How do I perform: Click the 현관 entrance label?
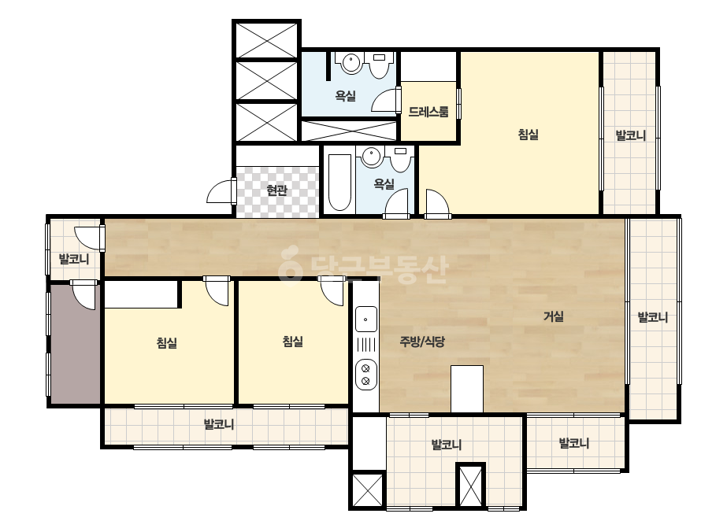pyautogui.click(x=276, y=190)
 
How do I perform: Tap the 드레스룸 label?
pyautogui.click(x=428, y=112)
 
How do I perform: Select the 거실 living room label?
pyautogui.click(x=554, y=316)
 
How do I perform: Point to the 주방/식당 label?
pyautogui.click(x=422, y=342)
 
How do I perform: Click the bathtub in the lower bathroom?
pyautogui.click(x=339, y=182)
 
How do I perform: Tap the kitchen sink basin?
pyautogui.click(x=365, y=319)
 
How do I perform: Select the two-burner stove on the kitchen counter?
pyautogui.click(x=365, y=375)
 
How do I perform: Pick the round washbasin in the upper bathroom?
pyautogui.click(x=351, y=64)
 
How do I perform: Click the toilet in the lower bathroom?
pyautogui.click(x=401, y=160)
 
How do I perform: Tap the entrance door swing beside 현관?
pyautogui.click(x=219, y=191)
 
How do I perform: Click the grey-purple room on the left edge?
pyautogui.click(x=76, y=343)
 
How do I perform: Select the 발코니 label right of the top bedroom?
pyautogui.click(x=631, y=136)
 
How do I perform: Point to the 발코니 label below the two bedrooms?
pyautogui.click(x=219, y=424)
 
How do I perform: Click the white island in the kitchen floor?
pyautogui.click(x=467, y=389)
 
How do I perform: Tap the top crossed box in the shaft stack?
pyautogui.click(x=266, y=40)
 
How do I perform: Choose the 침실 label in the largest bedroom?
pyautogui.click(x=528, y=135)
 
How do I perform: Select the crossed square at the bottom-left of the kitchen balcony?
pyautogui.click(x=368, y=490)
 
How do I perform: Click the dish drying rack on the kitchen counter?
pyautogui.click(x=366, y=345)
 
